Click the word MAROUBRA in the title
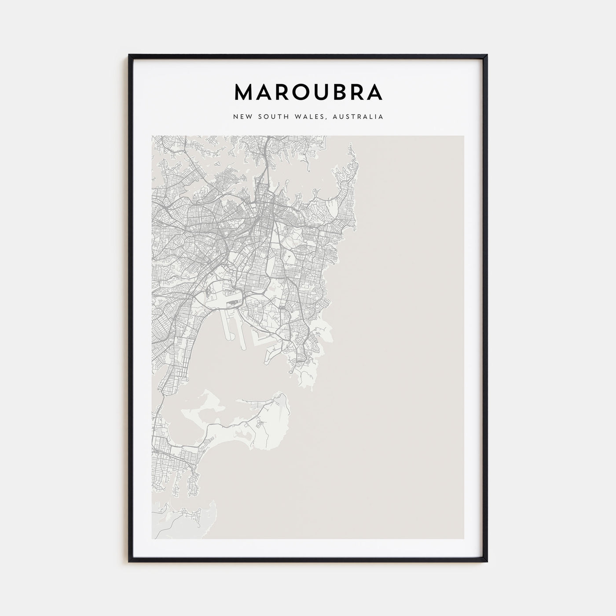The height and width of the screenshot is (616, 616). [x=308, y=92]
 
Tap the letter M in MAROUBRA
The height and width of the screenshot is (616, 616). [x=244, y=92]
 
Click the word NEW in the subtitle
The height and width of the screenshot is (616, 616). [x=242, y=117]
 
